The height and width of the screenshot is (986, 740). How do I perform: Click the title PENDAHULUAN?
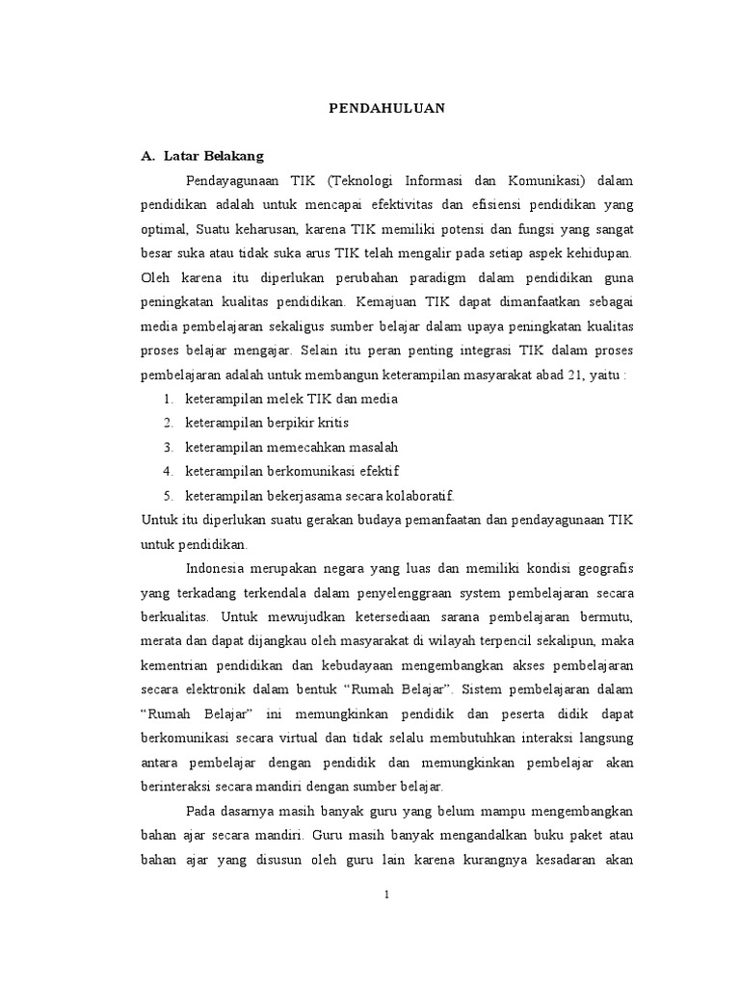click(x=383, y=108)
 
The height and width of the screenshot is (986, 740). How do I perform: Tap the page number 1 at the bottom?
click(x=386, y=895)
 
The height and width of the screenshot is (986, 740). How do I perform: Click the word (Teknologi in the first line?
click(x=364, y=180)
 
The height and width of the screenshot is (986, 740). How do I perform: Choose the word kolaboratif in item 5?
click(x=417, y=495)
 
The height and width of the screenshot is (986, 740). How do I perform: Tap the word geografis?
click(x=600, y=567)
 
